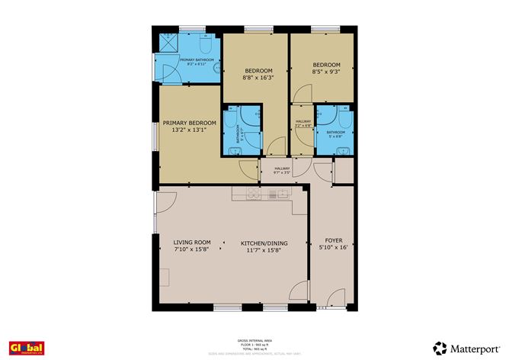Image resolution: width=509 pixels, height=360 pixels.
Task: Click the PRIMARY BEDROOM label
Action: [187, 123]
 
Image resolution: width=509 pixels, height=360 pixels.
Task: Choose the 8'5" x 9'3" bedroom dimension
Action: [326, 72]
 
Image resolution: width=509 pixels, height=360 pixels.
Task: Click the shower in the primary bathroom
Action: [168, 43]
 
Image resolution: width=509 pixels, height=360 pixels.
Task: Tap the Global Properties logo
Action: [26, 348]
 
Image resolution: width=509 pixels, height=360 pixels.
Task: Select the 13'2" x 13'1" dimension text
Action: [187, 130]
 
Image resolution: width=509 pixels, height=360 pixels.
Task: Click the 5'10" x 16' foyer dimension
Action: [333, 247]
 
